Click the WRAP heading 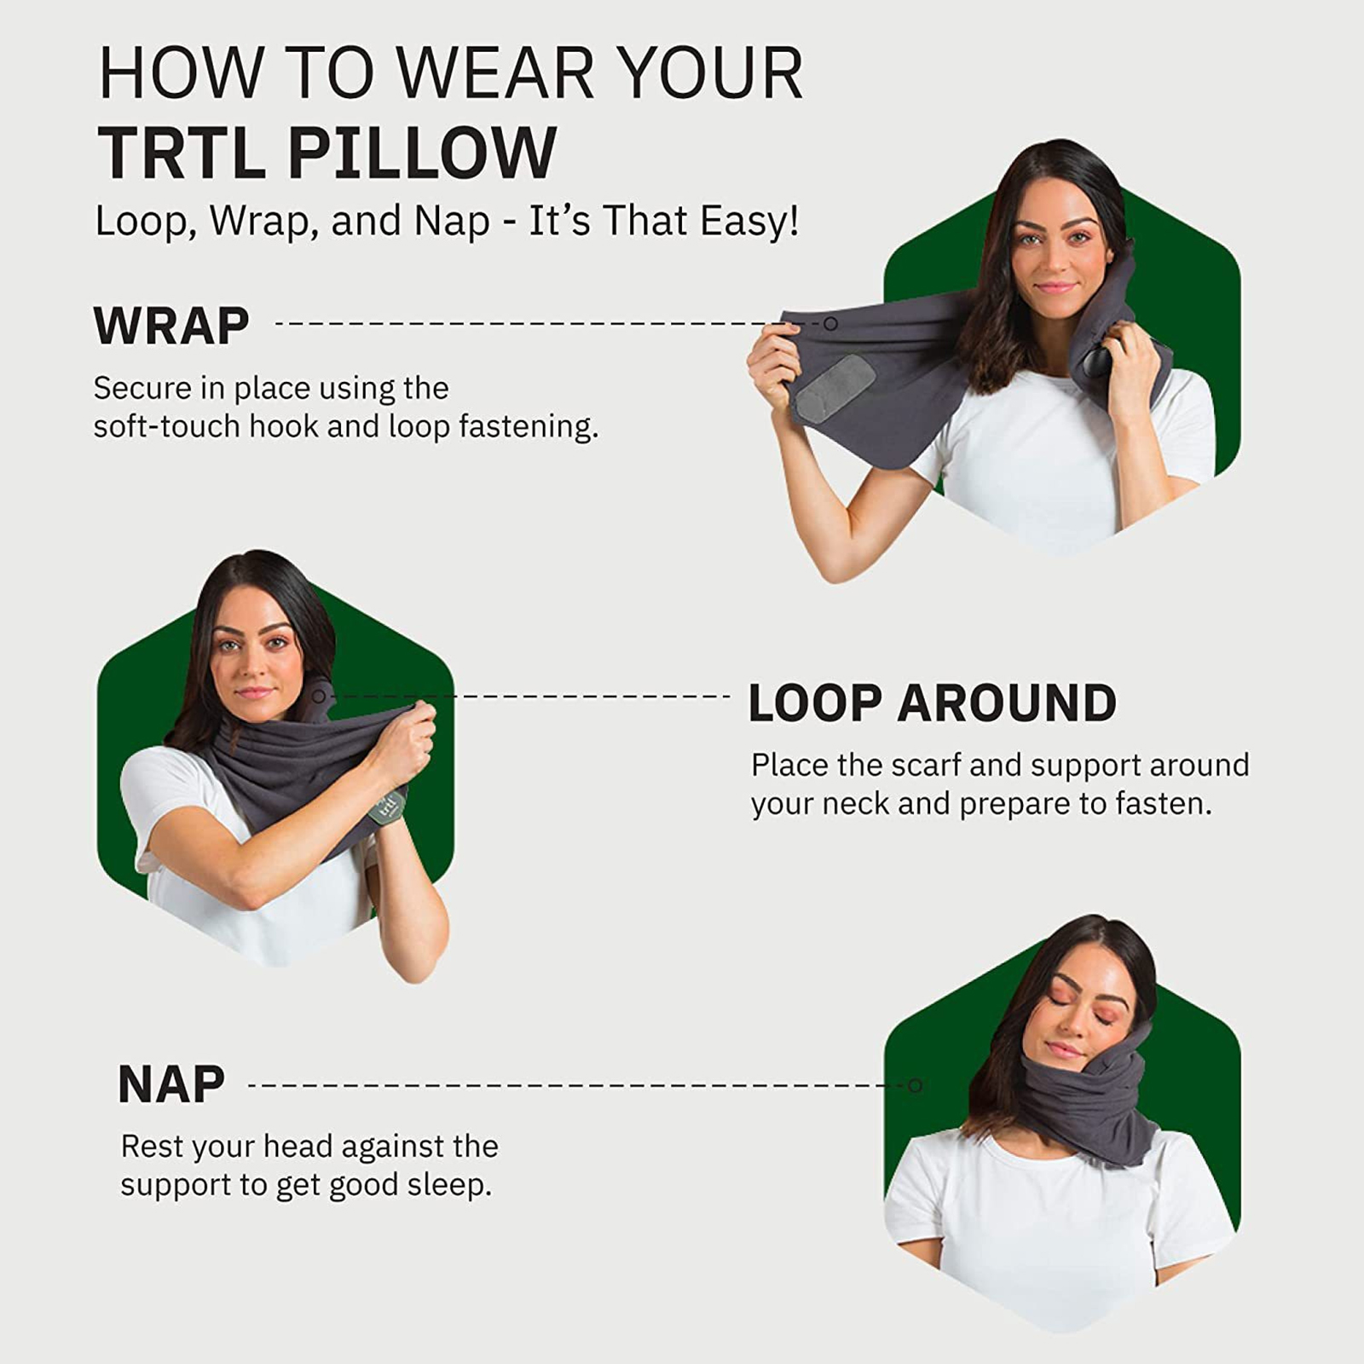[x=171, y=326]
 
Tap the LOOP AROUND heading [x=933, y=703]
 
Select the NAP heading [x=171, y=1084]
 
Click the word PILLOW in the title [x=422, y=153]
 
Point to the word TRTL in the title [x=182, y=153]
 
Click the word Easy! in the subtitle [x=748, y=221]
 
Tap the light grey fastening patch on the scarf [x=835, y=388]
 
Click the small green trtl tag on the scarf [x=388, y=806]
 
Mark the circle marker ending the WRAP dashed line [x=830, y=324]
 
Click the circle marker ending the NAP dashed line [x=916, y=1085]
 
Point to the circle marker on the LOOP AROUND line [x=319, y=696]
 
